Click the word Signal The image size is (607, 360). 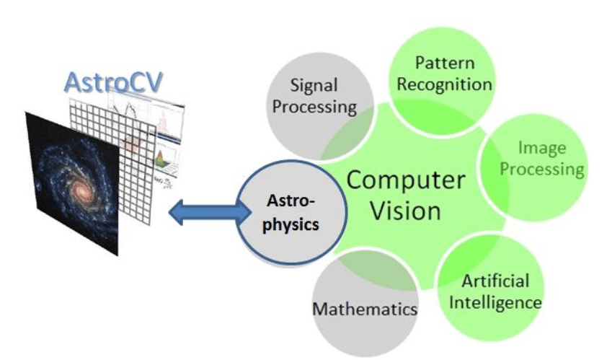tap(314, 85)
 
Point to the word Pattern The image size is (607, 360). tap(444, 63)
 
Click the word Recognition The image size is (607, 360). tap(444, 84)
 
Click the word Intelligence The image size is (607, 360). tap(495, 301)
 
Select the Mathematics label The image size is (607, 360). tap(365, 309)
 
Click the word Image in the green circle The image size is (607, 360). tap(542, 149)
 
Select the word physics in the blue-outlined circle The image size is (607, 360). tap(290, 224)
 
